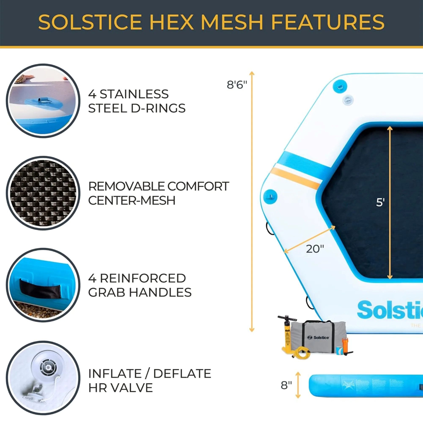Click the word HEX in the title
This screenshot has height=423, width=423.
pos(171,22)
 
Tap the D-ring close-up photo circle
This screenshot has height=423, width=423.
pos(43,101)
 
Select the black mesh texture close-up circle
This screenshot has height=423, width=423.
pos(43,193)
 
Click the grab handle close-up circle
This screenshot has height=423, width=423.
pos(43,285)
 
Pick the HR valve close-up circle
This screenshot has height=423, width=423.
pos(43,378)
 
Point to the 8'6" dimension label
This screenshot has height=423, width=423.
pos(237,85)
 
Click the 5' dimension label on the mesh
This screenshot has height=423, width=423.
pos(380,202)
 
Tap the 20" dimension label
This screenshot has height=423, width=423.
pos(315,249)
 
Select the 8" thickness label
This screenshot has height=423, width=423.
pos(286,385)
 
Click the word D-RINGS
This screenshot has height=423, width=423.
pos(158,108)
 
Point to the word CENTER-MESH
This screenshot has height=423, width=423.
pos(132,201)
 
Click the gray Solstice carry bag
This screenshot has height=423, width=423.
pos(319,337)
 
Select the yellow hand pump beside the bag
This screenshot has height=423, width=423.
pos(287,334)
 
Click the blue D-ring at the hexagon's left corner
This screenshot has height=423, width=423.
pos(270,196)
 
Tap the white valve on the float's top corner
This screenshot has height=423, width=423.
pos(348,100)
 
